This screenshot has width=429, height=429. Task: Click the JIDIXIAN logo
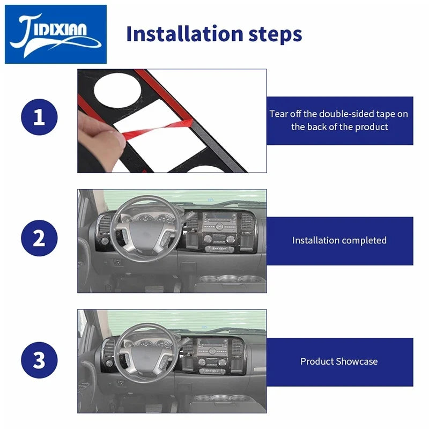[56, 34]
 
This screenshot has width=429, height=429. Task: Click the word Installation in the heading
[184, 34]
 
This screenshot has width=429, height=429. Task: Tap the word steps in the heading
[275, 35]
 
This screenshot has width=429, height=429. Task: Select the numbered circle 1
[39, 117]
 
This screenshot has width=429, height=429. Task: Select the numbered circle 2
[39, 238]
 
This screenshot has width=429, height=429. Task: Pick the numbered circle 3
[39, 360]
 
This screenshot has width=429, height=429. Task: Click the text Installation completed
[339, 240]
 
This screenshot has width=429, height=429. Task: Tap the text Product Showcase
[339, 361]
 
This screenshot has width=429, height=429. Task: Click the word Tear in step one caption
[279, 114]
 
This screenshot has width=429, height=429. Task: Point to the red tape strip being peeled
[158, 128]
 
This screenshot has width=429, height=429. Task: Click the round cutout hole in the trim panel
[117, 89]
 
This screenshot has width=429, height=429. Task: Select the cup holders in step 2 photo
[230, 279]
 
